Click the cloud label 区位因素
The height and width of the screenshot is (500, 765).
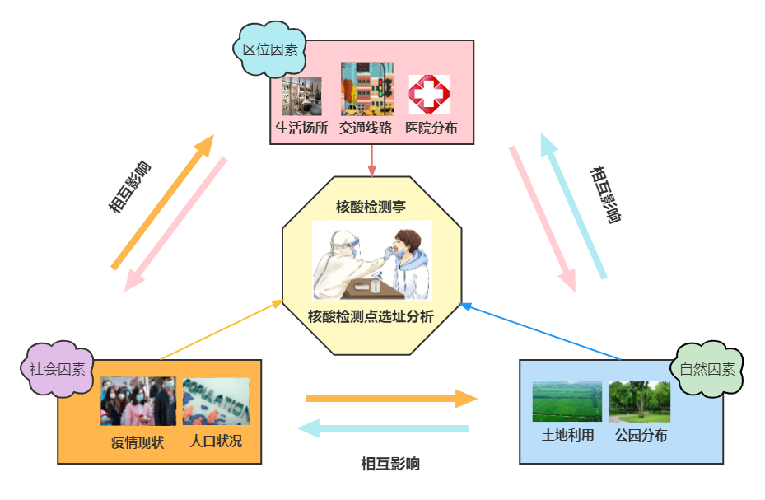270,49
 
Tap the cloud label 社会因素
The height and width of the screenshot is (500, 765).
58,369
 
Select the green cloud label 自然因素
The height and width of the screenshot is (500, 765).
707,369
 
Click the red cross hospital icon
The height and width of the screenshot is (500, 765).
429,95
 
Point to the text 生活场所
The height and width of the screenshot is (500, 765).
301,129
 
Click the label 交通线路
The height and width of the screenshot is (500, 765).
366,129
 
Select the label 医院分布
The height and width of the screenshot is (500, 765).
431,129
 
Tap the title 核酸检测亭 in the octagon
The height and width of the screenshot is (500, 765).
371,205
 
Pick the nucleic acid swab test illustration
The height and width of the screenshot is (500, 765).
372,259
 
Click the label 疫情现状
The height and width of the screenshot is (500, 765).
138,442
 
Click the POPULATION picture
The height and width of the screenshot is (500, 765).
216,401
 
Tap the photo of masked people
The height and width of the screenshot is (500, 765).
138,401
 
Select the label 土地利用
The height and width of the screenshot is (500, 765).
567,436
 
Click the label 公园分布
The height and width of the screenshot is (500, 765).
641,436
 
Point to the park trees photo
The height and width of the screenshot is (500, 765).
640,401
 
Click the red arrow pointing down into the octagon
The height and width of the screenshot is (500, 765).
372,161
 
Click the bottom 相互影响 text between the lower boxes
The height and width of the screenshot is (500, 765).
390,464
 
